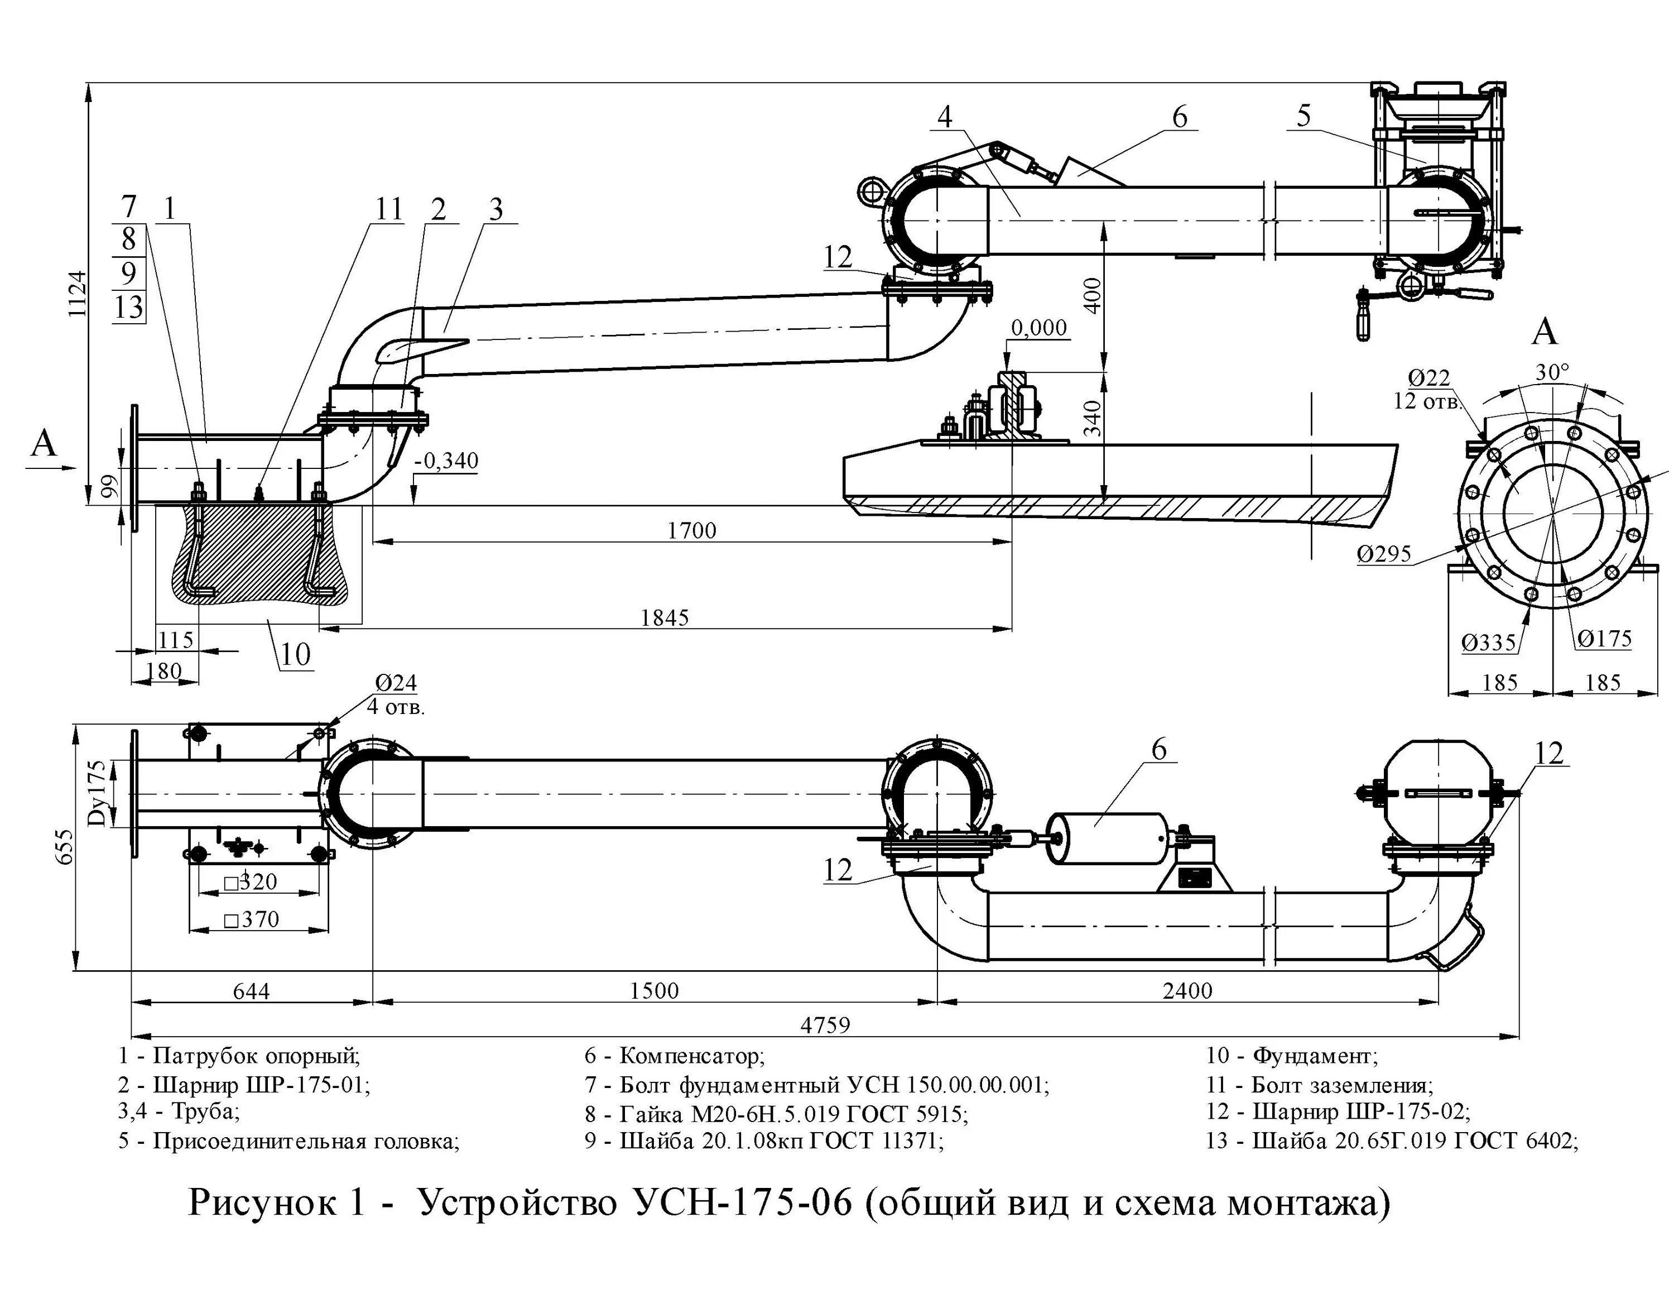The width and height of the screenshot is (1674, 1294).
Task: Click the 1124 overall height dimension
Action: point(76,294)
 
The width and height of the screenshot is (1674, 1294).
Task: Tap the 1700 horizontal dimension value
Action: point(691,530)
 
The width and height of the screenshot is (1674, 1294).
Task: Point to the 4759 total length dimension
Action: point(825,1025)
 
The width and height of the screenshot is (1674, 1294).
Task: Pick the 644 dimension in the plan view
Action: point(252,991)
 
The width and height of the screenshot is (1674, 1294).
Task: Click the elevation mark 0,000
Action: point(1038,328)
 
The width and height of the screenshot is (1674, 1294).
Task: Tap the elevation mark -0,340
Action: point(447,461)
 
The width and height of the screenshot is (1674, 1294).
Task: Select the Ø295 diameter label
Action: point(1384,553)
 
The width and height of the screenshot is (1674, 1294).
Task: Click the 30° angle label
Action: point(1552,372)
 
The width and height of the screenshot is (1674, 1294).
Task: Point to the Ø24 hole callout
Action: point(396,682)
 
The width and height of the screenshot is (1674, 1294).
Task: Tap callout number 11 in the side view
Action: point(388,209)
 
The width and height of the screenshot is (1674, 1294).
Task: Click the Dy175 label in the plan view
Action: point(97,793)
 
